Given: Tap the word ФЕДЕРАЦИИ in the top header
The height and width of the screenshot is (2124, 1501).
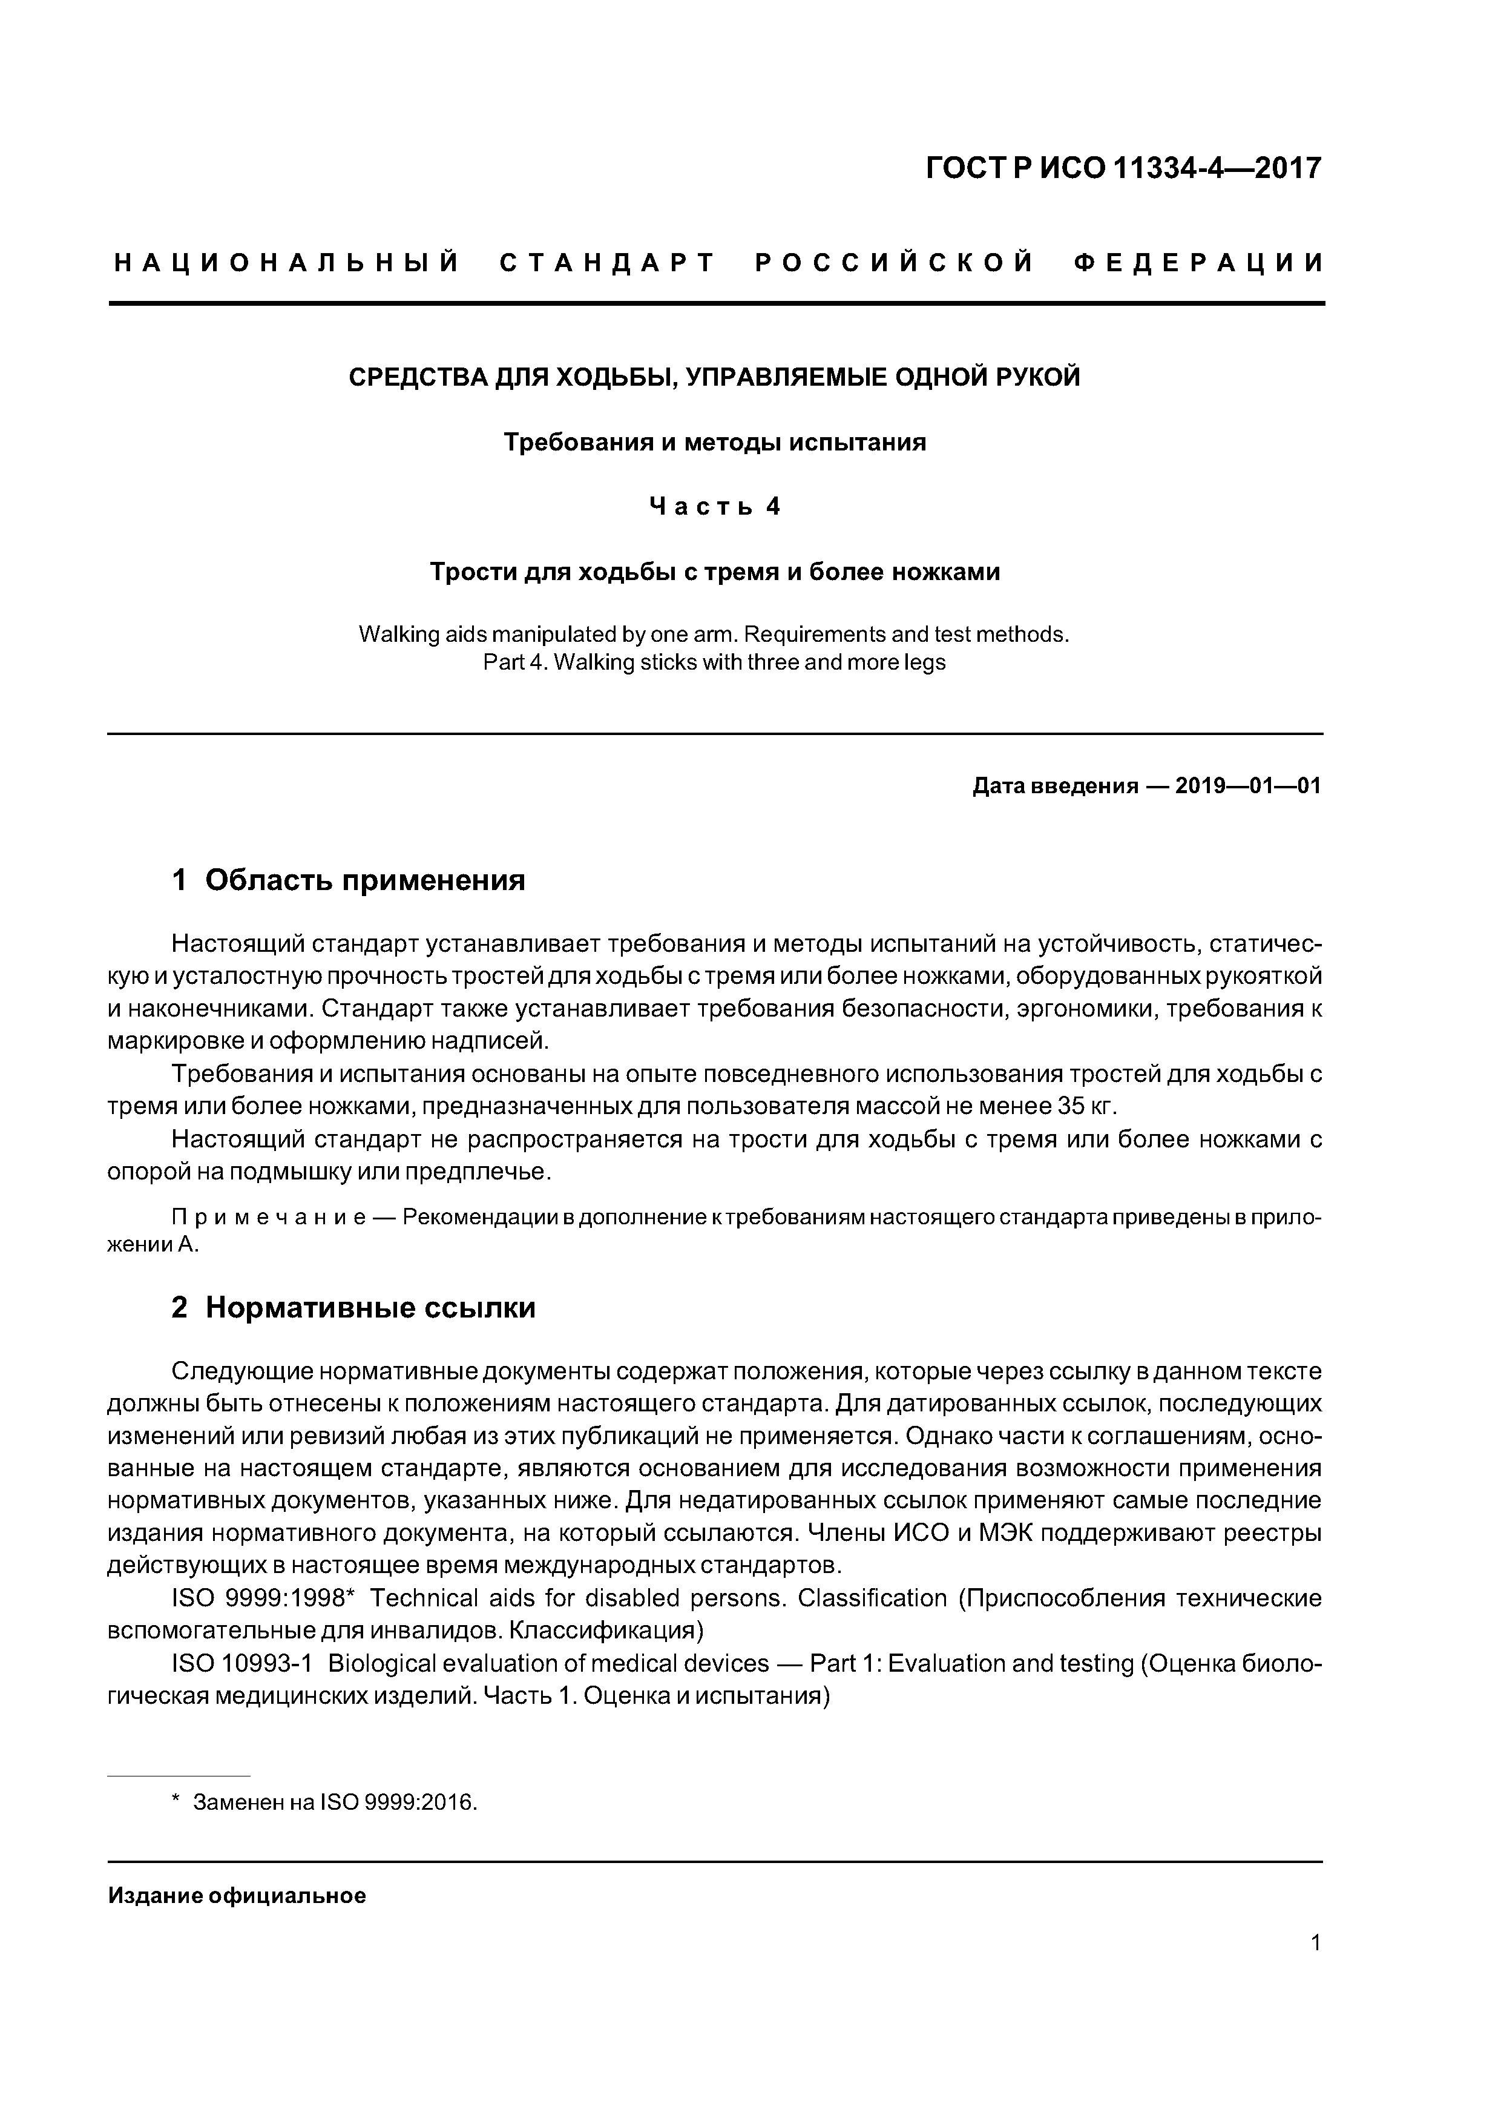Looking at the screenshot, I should tap(1200, 263).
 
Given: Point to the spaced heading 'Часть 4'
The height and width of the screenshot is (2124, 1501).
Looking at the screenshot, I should tap(714, 507).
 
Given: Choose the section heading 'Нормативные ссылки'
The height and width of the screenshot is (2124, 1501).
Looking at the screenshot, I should tap(370, 1307).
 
